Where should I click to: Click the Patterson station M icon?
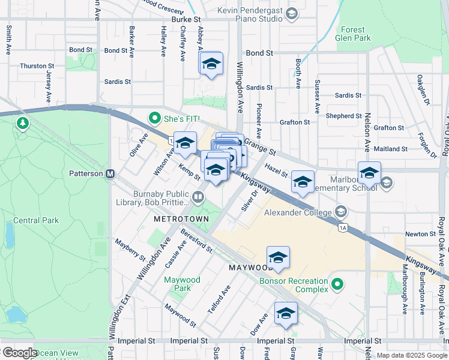[110, 174]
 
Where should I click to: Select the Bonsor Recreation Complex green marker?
[339, 283]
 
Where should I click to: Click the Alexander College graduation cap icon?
[342, 211]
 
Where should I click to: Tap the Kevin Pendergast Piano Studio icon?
[292, 13]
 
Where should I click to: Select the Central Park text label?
[36, 220]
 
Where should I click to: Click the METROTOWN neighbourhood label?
[181, 219]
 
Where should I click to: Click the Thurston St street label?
[37, 66]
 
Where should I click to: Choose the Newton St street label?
[420, 234]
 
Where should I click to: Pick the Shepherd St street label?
[343, 116]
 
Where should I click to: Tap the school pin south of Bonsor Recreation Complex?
[286, 314]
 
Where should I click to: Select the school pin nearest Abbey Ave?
[211, 64]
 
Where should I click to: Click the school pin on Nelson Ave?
[369, 174]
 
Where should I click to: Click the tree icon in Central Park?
[23, 123]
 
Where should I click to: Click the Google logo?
[19, 353]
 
